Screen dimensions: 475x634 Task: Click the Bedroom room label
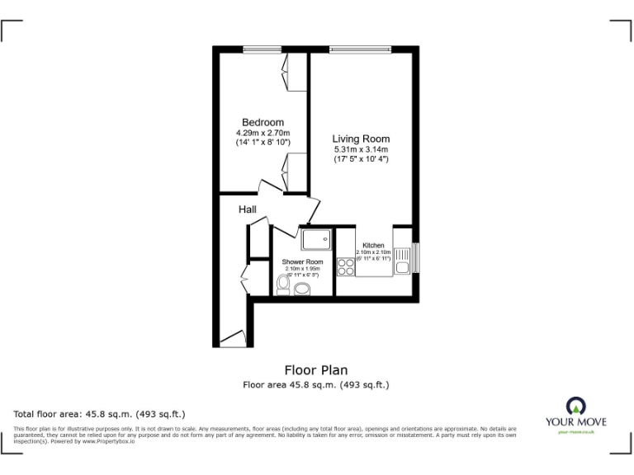click(x=263, y=123)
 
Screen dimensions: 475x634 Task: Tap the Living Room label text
click(x=361, y=139)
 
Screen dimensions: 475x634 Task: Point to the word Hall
click(x=248, y=210)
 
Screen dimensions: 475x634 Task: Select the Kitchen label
click(x=373, y=246)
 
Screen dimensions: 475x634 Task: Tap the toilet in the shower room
click(x=282, y=285)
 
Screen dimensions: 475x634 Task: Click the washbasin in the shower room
click(x=302, y=289)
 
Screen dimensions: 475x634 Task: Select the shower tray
click(x=316, y=239)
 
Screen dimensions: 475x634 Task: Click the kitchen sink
click(x=402, y=263)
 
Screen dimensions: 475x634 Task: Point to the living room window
click(x=359, y=49)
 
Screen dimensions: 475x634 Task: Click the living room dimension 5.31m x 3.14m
click(x=361, y=149)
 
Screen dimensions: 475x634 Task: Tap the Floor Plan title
click(x=316, y=370)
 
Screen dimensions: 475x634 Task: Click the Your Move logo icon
click(x=575, y=406)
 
